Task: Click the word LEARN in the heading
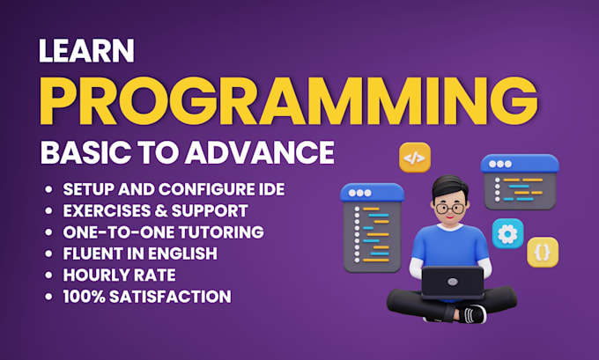86,50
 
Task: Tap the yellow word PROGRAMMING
289,101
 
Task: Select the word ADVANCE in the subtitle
260,152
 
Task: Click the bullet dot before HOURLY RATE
48,275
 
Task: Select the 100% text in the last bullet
84,297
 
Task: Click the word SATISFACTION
170,297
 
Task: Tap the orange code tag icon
415,158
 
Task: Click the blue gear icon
507,233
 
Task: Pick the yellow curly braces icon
543,252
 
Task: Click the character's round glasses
450,209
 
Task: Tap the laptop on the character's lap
453,283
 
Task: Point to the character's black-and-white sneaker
472,314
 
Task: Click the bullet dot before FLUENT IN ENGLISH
48,253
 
